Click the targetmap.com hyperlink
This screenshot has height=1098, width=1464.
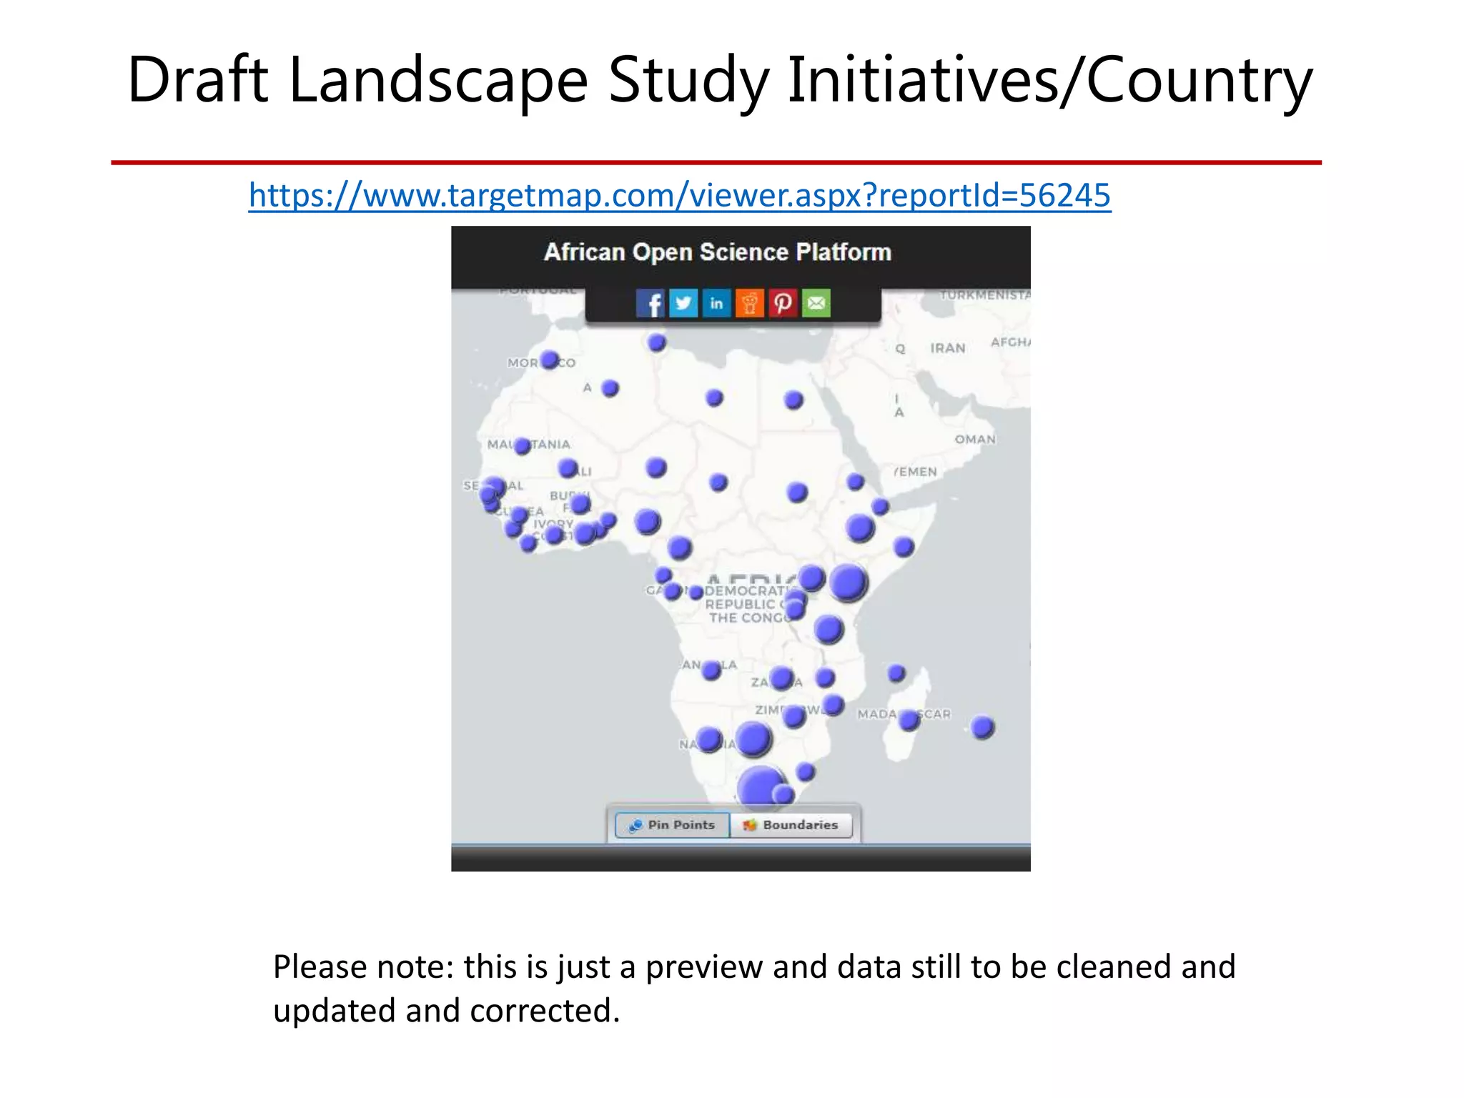[679, 195]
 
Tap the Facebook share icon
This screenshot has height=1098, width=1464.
[650, 303]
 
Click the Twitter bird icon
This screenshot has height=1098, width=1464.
[683, 303]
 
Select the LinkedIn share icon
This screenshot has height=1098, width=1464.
[716, 303]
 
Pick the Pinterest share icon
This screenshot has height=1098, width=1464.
[783, 303]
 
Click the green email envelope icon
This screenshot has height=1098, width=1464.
[816, 303]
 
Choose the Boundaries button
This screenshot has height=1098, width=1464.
[791, 825]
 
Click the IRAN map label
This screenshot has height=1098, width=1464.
[947, 348]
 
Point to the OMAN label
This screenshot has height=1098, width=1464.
[975, 439]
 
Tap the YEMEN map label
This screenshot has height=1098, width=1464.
[915, 472]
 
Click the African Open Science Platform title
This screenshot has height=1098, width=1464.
[717, 252]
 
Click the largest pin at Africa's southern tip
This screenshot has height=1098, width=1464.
[761, 788]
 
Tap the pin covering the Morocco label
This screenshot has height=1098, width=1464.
[549, 360]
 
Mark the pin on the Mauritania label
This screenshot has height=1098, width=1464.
[523, 446]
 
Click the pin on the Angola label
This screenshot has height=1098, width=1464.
[711, 670]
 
